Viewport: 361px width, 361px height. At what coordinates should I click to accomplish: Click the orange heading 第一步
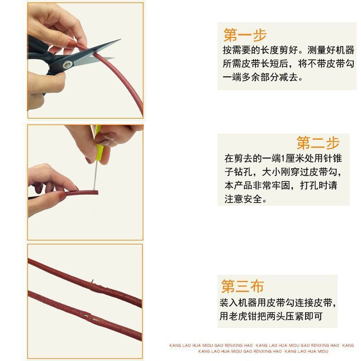(x=245, y=35)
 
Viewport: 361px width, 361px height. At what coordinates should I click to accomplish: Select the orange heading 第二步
(x=318, y=143)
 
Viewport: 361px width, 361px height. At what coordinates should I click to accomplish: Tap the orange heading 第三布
(x=242, y=286)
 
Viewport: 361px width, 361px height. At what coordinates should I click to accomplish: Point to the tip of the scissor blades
(x=119, y=42)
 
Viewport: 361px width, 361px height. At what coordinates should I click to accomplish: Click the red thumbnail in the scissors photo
(x=72, y=43)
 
